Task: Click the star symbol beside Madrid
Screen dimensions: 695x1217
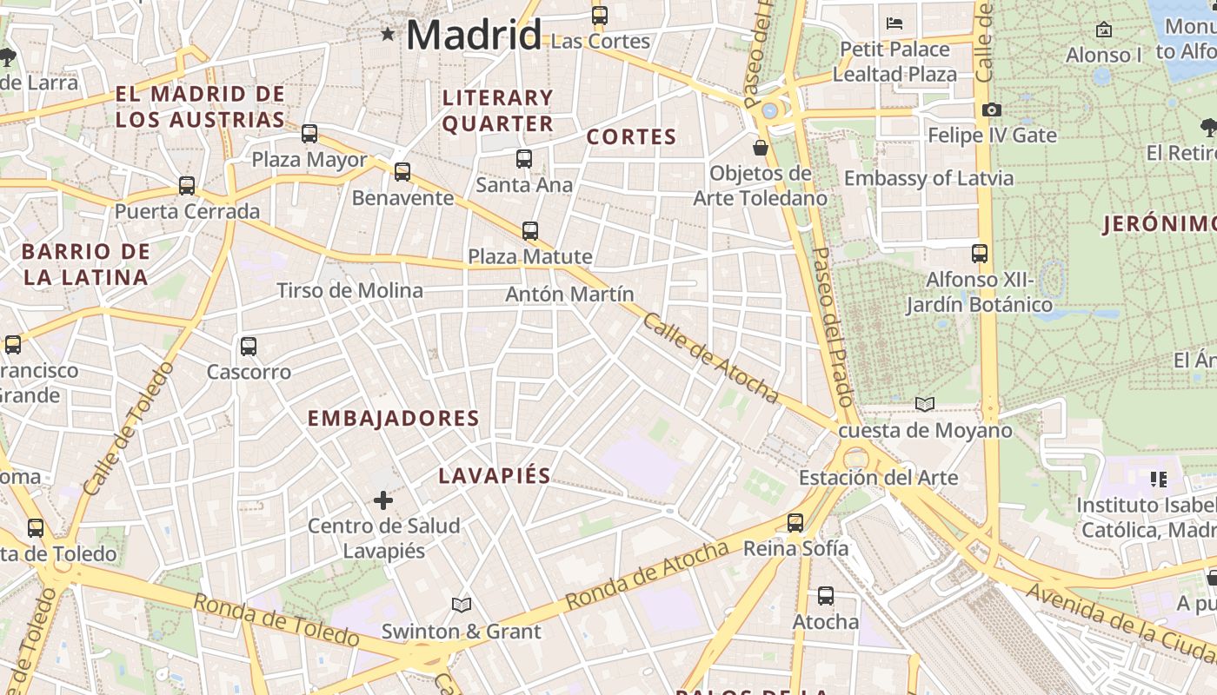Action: (388, 35)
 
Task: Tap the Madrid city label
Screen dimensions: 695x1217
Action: (474, 36)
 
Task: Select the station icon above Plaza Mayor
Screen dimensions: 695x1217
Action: (309, 134)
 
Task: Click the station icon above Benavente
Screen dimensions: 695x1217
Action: (402, 172)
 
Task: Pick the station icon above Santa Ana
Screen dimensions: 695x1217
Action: (523, 159)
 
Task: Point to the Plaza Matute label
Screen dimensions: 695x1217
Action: (530, 256)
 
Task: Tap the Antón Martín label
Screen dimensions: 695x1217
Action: (569, 295)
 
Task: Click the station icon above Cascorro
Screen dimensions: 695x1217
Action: (249, 347)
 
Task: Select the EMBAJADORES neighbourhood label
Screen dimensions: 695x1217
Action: (393, 419)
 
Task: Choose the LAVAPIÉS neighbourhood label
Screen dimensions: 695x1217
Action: (495, 475)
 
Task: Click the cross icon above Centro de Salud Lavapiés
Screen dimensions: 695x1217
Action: (383, 500)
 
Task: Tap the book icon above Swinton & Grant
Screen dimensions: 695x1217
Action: (462, 605)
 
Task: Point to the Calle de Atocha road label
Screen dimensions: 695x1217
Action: (710, 358)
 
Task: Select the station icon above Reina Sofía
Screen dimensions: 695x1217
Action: (795, 523)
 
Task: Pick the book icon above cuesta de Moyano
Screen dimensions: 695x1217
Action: (925, 404)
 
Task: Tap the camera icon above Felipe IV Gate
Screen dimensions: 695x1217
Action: (991, 110)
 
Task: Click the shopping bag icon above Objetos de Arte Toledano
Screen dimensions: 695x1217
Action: (761, 148)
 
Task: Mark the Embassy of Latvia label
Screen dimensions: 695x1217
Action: (928, 178)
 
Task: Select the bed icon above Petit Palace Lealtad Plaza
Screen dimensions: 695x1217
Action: (894, 23)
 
